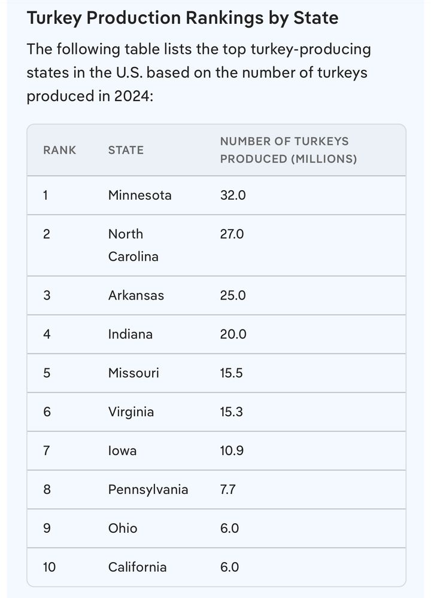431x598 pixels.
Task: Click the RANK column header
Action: pyautogui.click(x=60, y=150)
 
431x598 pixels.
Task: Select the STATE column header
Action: pyautogui.click(x=126, y=150)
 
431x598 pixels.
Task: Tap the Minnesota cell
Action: pyautogui.click(x=139, y=195)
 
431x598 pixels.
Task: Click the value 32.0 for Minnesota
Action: pyautogui.click(x=233, y=195)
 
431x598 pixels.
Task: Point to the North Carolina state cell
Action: pyautogui.click(x=133, y=245)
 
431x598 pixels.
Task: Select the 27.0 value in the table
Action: pyautogui.click(x=232, y=234)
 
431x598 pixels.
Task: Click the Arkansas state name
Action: pyautogui.click(x=136, y=295)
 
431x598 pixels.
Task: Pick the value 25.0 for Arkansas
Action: pyautogui.click(x=233, y=295)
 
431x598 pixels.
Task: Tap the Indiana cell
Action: pyautogui.click(x=130, y=334)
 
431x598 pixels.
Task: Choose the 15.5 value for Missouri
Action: pyautogui.click(x=232, y=373)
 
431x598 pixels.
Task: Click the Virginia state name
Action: pyautogui.click(x=131, y=412)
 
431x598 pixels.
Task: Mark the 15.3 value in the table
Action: pyautogui.click(x=232, y=412)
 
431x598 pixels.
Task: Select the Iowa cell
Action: pyautogui.click(x=122, y=451)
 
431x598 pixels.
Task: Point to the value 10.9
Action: pyautogui.click(x=232, y=451)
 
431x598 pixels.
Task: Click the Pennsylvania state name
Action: pyautogui.click(x=148, y=490)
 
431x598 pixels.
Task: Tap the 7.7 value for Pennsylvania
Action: pyautogui.click(x=228, y=490)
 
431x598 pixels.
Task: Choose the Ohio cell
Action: pyautogui.click(x=123, y=529)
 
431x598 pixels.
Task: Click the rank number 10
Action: pyautogui.click(x=49, y=568)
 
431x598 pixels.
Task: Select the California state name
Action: pyautogui.click(x=137, y=568)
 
